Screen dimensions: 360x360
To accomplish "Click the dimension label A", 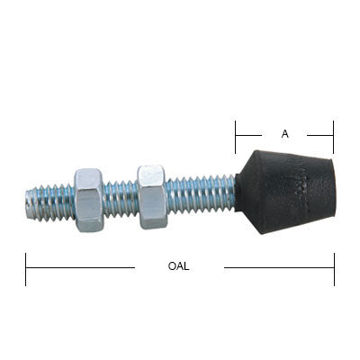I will coord(284,134).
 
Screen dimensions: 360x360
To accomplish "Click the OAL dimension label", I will coord(178,267).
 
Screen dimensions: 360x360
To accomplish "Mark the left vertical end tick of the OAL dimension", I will coord(26,268).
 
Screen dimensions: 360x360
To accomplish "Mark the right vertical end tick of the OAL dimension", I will coord(334,268).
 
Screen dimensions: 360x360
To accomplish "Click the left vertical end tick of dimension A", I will coord(236,136).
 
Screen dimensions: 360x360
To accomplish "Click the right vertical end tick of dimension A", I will coord(332,136).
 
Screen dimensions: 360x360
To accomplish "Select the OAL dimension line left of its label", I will coord(81,267).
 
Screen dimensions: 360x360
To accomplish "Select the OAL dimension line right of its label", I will coord(279,267).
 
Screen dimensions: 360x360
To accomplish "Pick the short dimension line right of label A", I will coord(319,135).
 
